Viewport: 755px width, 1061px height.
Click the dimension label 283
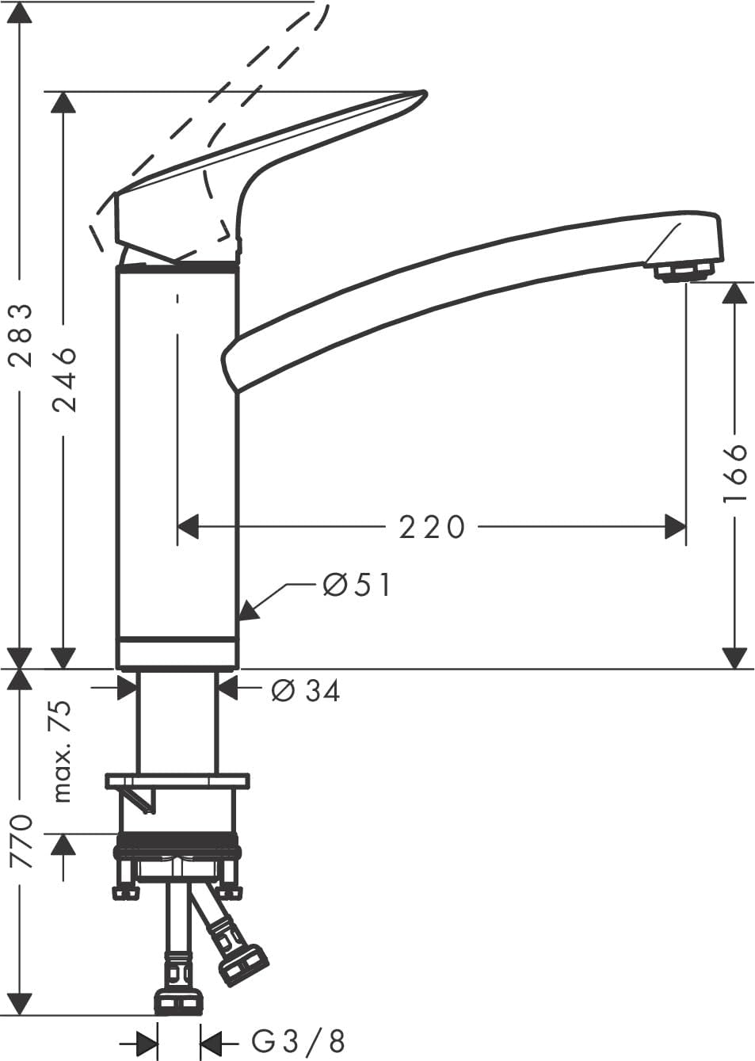point(22,334)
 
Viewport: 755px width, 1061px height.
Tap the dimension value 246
point(64,379)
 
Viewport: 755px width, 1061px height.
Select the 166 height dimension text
point(735,473)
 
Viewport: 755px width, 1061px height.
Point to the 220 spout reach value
point(432,526)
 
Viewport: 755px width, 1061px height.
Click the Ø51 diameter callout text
point(357,585)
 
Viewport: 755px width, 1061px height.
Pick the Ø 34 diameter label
point(306,691)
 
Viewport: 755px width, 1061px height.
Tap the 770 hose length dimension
point(22,840)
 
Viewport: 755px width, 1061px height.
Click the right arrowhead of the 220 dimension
point(674,526)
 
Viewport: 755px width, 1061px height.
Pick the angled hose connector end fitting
point(244,961)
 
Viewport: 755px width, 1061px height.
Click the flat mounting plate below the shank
point(177,781)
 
